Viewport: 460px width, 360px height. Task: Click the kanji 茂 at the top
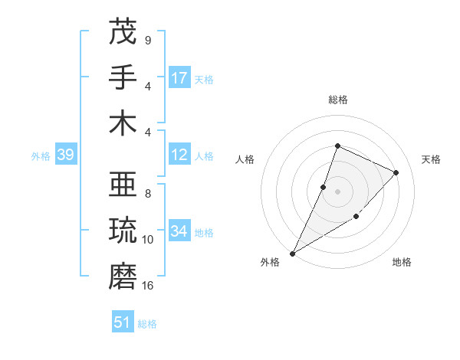pyautogui.click(x=123, y=33)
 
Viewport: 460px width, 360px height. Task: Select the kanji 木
pyautogui.click(x=123, y=123)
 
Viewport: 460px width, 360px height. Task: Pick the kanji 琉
pyautogui.click(x=123, y=231)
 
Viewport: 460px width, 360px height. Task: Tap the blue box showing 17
pyautogui.click(x=179, y=78)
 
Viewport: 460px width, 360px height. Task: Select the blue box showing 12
pyautogui.click(x=179, y=155)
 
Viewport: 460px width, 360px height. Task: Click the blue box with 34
pyautogui.click(x=179, y=231)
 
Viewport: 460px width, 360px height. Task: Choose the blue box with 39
pyautogui.click(x=65, y=155)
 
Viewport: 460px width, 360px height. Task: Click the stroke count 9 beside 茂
pyautogui.click(x=148, y=40)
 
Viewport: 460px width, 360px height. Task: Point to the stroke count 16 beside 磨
pyautogui.click(x=148, y=286)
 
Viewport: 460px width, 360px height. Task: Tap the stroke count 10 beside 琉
pyautogui.click(x=148, y=240)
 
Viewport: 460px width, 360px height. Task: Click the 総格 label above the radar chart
pyautogui.click(x=338, y=100)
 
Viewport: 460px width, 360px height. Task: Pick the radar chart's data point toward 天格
pyautogui.click(x=396, y=172)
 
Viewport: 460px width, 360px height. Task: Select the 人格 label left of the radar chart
pyautogui.click(x=245, y=159)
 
